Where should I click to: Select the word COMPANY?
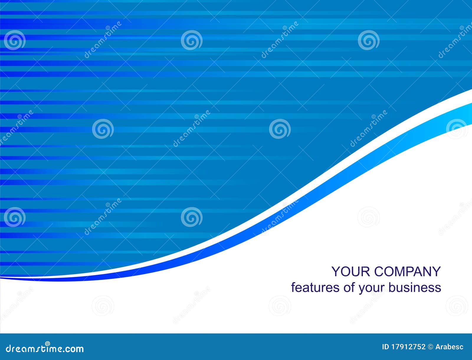(408, 272)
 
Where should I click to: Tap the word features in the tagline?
(316, 287)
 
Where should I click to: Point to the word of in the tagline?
(349, 287)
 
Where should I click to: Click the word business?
(415, 287)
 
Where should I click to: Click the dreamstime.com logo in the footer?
(45, 349)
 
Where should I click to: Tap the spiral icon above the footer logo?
(47, 343)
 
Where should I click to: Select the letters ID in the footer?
(386, 347)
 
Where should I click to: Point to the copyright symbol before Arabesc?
(430, 347)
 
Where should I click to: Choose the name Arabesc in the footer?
(449, 347)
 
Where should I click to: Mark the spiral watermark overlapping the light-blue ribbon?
(457, 129)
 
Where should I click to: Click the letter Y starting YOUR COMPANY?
(335, 272)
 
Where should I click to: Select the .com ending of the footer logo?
(74, 349)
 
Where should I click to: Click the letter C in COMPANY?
(380, 272)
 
